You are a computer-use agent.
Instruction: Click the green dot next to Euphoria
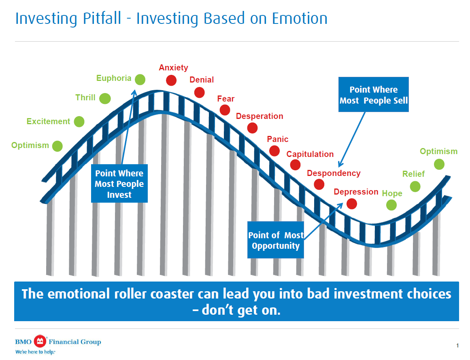[x=140, y=79]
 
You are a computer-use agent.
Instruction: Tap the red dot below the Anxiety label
[x=171, y=80]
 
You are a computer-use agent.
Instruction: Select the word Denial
[x=202, y=80]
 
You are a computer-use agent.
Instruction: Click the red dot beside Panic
[x=274, y=150]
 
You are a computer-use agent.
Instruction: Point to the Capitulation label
[x=310, y=154]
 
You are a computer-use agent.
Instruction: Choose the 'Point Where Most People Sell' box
[x=374, y=95]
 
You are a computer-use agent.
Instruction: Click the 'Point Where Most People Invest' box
[x=119, y=184]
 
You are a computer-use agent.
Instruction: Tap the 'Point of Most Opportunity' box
[x=276, y=240]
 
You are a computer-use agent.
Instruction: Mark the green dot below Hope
[x=391, y=205]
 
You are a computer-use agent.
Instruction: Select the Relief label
[x=413, y=174]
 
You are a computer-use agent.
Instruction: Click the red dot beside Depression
[x=352, y=203]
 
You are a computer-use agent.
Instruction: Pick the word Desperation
[x=259, y=116]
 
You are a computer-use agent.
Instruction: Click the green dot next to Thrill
[x=105, y=98]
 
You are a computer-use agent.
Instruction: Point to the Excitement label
[x=48, y=121]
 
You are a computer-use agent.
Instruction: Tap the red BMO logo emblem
[x=40, y=342]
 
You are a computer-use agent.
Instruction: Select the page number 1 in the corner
[x=457, y=345]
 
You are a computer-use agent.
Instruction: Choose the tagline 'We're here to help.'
[x=35, y=352]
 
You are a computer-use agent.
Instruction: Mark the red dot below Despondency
[x=319, y=184]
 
